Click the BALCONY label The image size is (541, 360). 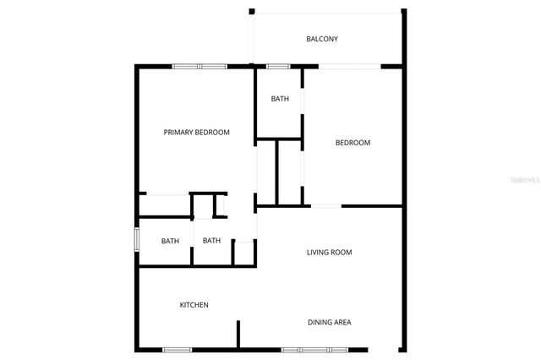322,39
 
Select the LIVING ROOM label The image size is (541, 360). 329,252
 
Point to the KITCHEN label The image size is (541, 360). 194,305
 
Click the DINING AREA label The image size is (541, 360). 329,322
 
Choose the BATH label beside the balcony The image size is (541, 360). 280,99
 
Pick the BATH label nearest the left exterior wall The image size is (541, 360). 170,242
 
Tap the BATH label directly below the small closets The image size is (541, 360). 211,241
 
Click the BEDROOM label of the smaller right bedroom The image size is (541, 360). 352,143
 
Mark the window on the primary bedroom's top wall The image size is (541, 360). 199,66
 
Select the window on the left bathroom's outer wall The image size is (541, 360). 137,238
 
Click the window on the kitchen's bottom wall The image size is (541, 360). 177,350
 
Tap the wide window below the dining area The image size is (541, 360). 314,350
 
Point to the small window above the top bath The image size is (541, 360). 278,66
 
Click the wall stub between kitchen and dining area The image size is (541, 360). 238,335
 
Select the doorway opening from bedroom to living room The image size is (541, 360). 326,205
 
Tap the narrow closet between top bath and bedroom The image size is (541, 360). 289,172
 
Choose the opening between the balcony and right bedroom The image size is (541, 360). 349,66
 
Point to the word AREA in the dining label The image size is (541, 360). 342,322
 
